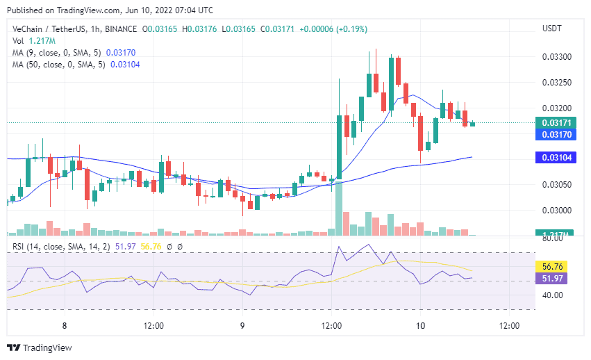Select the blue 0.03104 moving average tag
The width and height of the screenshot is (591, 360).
click(x=551, y=158)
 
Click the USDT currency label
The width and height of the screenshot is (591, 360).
click(x=551, y=28)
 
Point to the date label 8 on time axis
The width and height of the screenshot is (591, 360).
click(x=64, y=325)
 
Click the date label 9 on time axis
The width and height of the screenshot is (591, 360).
click(x=242, y=325)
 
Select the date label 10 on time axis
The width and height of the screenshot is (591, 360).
click(x=420, y=325)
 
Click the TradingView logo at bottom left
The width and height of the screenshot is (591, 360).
click(x=40, y=347)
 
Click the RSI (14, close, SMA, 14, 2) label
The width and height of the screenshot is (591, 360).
click(x=56, y=246)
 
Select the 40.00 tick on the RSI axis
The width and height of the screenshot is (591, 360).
click(x=553, y=295)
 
